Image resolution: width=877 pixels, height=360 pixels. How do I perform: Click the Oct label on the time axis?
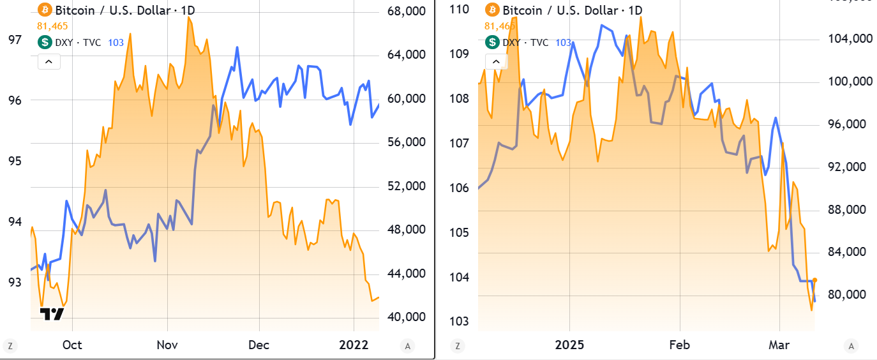point(72,345)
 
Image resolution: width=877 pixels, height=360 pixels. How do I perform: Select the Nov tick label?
point(167,345)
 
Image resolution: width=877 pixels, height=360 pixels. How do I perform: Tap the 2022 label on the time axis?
point(354,345)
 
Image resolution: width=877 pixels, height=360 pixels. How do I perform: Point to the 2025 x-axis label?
point(570,345)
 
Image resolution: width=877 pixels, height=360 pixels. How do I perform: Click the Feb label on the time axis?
point(679,345)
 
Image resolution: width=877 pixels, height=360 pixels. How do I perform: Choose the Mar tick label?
point(779,345)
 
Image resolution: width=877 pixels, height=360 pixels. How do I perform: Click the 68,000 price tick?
point(407,11)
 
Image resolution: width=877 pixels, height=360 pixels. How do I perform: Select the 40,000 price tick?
point(407,317)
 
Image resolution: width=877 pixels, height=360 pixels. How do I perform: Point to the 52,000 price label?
point(407,186)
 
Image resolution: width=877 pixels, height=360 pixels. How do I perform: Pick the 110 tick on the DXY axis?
point(460,9)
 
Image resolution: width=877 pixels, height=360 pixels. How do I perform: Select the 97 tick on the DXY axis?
point(14,40)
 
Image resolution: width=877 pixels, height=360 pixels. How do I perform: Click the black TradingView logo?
point(52,314)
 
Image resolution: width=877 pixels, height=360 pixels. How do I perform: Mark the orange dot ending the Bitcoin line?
point(814,280)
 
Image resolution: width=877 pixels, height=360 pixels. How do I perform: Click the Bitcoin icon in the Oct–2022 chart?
point(45,10)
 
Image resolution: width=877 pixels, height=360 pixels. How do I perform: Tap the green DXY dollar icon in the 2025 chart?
point(492,42)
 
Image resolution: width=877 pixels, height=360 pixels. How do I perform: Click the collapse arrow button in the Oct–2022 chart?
point(50,61)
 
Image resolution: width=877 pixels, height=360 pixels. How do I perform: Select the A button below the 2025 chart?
point(851,346)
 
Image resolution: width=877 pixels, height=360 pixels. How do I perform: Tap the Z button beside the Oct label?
point(10,346)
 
